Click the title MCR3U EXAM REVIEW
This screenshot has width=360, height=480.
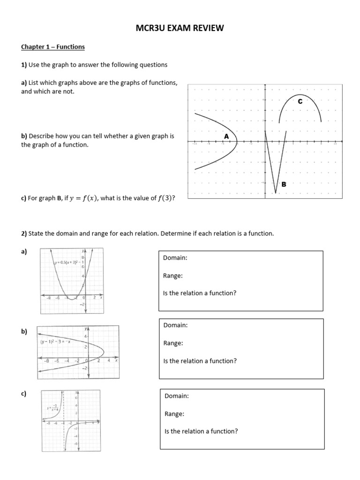coord(180,29)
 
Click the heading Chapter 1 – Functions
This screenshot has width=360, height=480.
coord(52,47)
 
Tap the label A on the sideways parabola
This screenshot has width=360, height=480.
coord(226,136)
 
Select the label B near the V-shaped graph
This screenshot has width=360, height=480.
coord(283,185)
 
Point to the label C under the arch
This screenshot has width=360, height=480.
coord(300,101)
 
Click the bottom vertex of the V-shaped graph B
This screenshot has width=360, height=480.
coord(275,192)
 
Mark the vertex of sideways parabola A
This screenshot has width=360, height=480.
coord(237,141)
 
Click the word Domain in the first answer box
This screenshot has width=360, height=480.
coord(175,258)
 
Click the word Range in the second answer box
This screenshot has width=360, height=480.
coord(173,343)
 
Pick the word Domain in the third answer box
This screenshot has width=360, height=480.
coord(177,396)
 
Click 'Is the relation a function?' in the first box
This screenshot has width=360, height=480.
coord(200,293)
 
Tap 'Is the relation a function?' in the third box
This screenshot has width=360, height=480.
coord(201,431)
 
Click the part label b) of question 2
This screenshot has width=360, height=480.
coord(24,331)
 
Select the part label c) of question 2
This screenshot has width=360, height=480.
coord(23,394)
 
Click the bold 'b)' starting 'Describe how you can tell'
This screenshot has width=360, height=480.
coord(24,136)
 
